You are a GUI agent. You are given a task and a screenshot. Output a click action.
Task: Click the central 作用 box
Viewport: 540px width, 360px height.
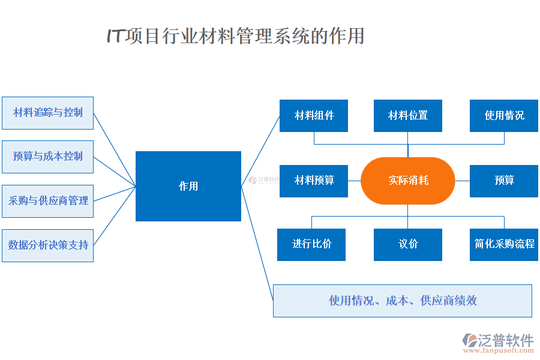[x=188, y=186]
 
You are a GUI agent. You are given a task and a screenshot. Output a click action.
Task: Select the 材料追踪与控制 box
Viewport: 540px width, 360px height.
[x=47, y=113]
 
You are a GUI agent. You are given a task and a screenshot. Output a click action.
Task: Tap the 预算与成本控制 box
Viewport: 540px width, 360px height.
[x=47, y=157]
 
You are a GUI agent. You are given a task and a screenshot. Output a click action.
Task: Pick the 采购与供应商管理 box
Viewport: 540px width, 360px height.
[x=47, y=201]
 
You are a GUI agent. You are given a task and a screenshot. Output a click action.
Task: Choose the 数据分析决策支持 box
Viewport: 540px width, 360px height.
[x=47, y=245]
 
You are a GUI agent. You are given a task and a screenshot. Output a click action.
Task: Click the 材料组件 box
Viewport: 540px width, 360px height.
[x=314, y=116]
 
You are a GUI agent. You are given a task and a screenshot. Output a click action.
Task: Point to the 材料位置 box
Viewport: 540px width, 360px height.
[x=408, y=116]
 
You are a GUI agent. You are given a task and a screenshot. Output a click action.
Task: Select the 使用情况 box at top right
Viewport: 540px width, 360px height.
[x=504, y=116]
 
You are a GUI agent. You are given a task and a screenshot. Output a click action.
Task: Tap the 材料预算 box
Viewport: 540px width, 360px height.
[x=314, y=181]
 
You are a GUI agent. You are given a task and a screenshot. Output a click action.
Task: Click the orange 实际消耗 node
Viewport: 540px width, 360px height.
[x=408, y=181]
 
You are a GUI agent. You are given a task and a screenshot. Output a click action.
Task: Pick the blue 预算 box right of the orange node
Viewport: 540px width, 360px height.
[x=504, y=181]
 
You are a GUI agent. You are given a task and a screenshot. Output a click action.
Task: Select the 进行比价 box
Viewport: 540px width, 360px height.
[x=311, y=244]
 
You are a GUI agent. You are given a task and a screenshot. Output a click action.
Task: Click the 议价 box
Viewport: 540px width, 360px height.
[x=408, y=244]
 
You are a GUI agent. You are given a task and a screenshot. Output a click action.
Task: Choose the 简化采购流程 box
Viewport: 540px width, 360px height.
[x=504, y=244]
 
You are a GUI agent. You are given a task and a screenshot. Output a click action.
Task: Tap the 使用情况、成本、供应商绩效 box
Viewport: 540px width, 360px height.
[x=403, y=301]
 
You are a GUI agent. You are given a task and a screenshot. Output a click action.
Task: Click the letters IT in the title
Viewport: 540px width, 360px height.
[x=115, y=36]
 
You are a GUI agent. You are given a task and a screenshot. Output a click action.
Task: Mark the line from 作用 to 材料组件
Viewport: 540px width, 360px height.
[x=260, y=151]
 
